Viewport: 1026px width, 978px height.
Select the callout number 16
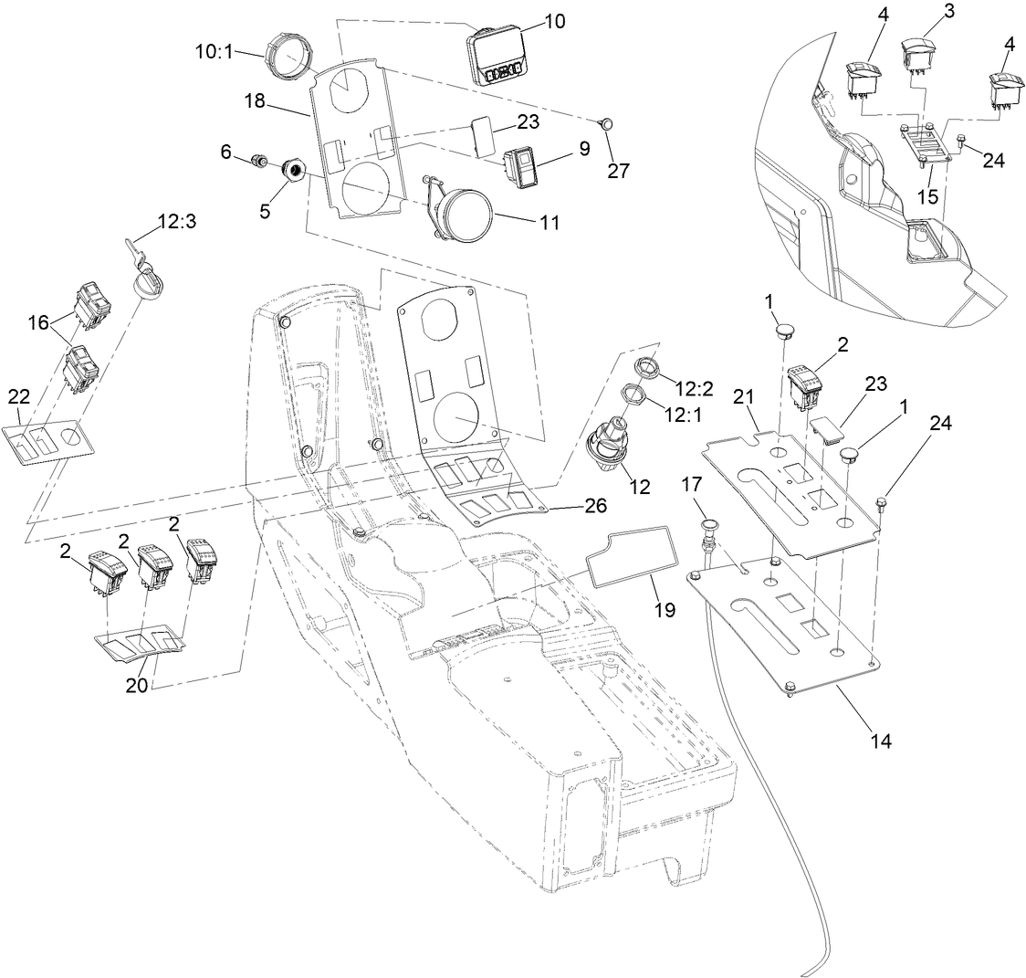click(x=38, y=322)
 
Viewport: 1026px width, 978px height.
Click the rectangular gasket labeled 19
click(x=631, y=556)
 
